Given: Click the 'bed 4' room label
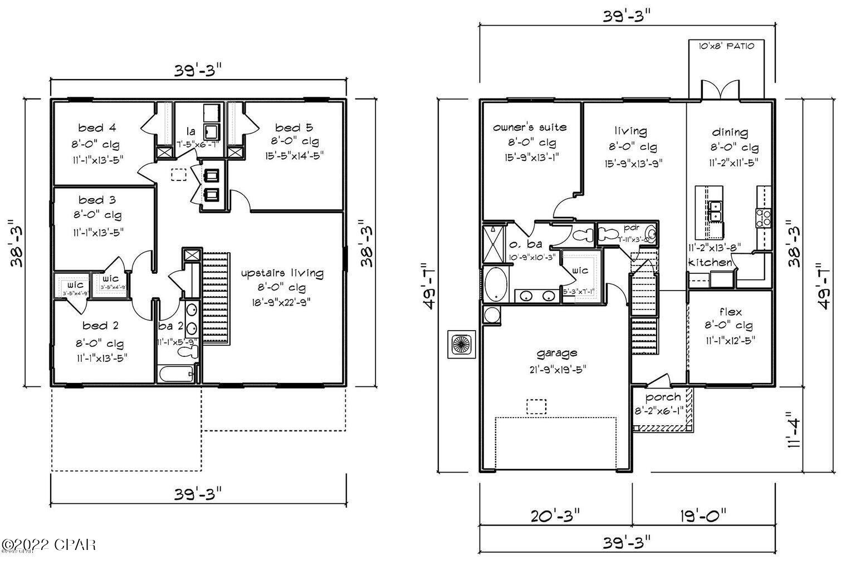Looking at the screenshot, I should pyautogui.click(x=97, y=127).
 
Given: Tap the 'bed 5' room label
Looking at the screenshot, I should pyautogui.click(x=294, y=127).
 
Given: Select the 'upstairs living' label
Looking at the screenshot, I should pyautogui.click(x=282, y=273).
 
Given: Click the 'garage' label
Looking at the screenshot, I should pyautogui.click(x=556, y=352).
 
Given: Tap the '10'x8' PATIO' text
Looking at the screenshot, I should pyautogui.click(x=726, y=46).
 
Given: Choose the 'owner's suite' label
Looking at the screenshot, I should pyautogui.click(x=530, y=127).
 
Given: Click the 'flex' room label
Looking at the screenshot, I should pyautogui.click(x=730, y=312).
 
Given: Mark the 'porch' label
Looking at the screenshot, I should pyautogui.click(x=663, y=397).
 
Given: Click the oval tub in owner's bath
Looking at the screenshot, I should pyautogui.click(x=494, y=283).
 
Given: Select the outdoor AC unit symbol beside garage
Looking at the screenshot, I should pyautogui.click(x=461, y=343).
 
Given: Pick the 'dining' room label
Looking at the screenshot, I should pyautogui.click(x=730, y=132).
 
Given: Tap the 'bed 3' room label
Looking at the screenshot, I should pyautogui.click(x=97, y=199).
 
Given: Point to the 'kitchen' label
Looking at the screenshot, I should pyautogui.click(x=710, y=262).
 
